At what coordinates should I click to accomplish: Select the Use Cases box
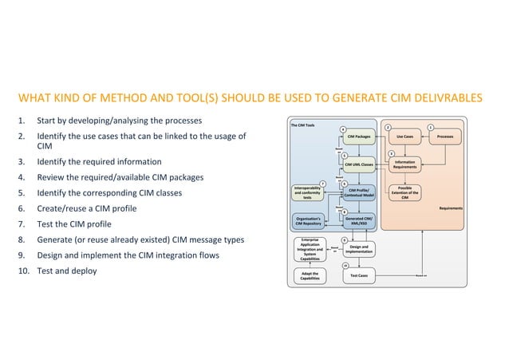404,137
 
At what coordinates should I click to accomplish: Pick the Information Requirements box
404,164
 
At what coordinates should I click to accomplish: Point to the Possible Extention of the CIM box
404,193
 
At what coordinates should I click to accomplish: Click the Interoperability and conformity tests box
307,193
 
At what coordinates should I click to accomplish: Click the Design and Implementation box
358,250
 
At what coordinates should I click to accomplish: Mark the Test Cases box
358,276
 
